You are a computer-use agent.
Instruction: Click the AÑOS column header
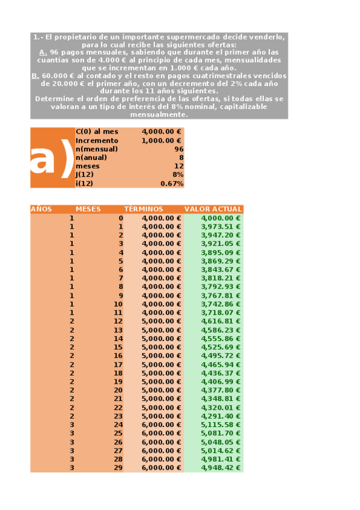coord(41,209)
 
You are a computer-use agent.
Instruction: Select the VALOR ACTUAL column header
coord(213,209)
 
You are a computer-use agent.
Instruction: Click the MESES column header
coord(88,209)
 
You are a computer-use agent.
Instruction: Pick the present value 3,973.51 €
coord(221,227)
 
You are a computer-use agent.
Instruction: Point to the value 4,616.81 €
coord(221,321)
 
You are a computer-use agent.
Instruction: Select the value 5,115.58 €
coord(221,425)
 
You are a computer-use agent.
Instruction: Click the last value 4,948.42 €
coord(221,467)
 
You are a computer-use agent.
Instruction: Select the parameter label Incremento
coord(97,140)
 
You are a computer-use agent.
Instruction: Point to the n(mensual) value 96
coord(178,149)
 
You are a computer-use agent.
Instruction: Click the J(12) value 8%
coord(177,174)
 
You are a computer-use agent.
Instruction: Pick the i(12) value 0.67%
coord(172,183)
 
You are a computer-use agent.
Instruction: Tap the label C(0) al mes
coord(97,132)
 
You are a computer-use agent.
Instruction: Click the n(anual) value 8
coord(181,158)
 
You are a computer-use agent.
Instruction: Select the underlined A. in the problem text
coord(43,52)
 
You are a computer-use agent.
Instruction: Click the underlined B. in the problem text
coord(35,76)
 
